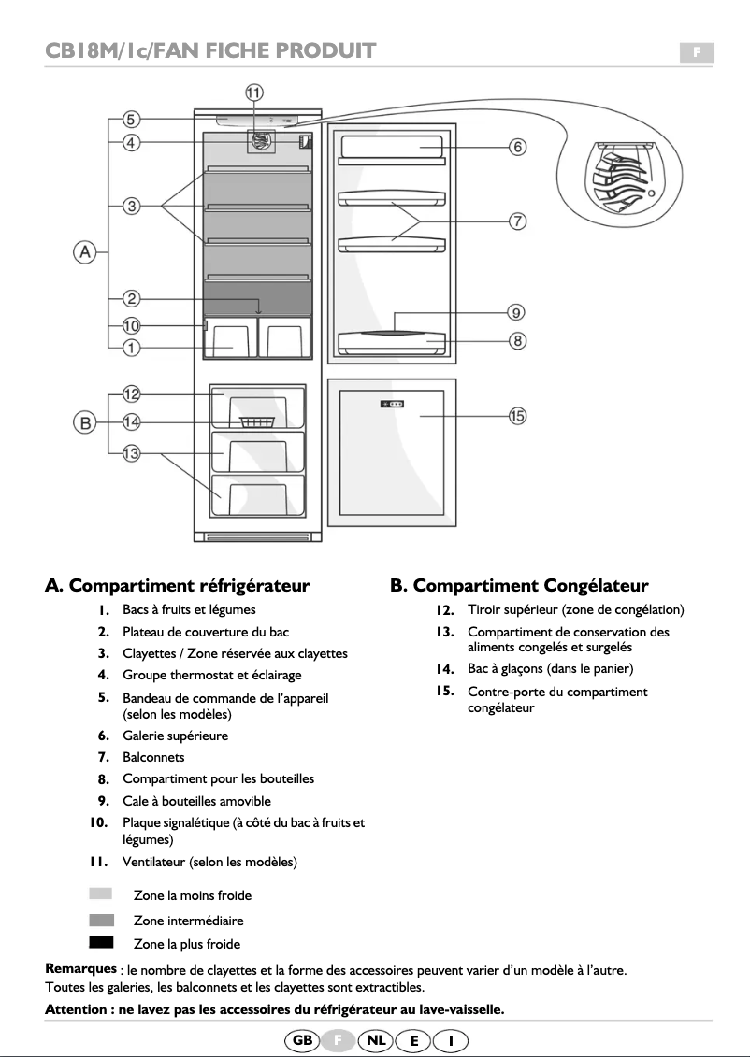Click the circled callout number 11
[254, 92]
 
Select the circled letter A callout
[85, 251]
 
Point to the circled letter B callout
[85, 423]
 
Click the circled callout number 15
[516, 416]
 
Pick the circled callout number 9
[516, 312]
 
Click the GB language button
[303, 1040]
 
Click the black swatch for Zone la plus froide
[101, 941]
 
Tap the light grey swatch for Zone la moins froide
[101, 894]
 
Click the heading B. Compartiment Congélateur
[519, 586]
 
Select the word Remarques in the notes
[81, 969]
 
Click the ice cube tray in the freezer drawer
[257, 422]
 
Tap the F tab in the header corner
[696, 52]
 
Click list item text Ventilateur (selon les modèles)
[209, 861]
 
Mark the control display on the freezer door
[392, 404]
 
